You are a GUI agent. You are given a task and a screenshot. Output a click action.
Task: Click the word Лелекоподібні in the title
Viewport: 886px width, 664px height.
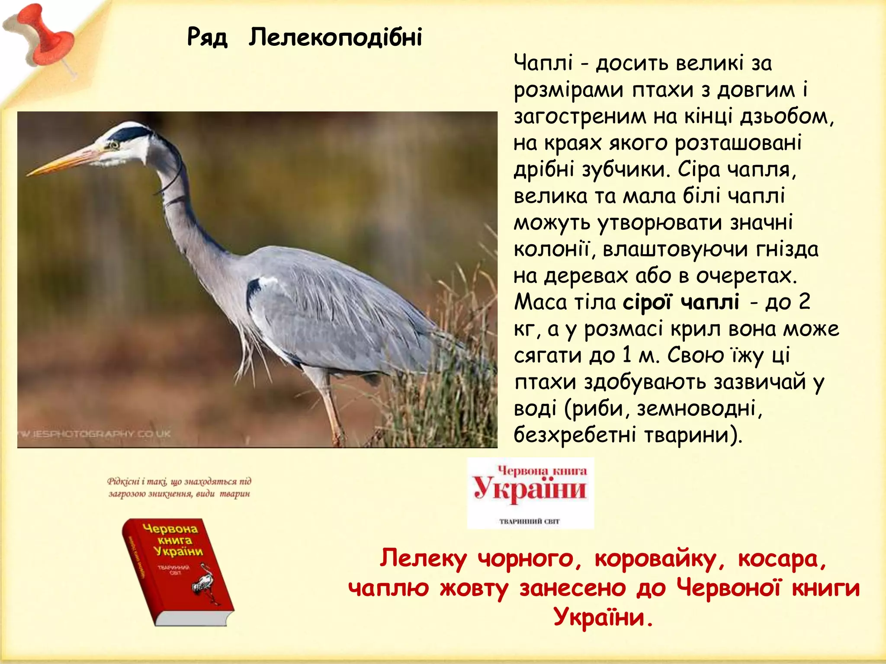(x=335, y=37)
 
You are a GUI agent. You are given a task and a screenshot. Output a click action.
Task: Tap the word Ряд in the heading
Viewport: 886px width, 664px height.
(x=207, y=37)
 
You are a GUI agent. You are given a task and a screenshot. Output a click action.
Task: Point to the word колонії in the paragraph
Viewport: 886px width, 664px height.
(x=551, y=249)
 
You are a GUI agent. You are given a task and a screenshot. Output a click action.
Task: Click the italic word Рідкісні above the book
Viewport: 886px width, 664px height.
(x=124, y=482)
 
